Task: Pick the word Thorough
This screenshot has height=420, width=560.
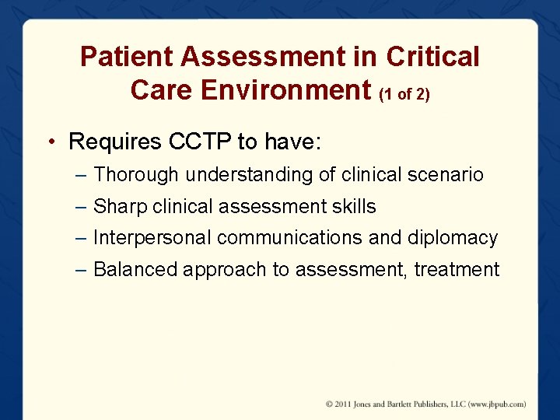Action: pos(136,175)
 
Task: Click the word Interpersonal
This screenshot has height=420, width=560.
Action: pos(152,237)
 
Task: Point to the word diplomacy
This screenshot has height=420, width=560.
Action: pos(453,237)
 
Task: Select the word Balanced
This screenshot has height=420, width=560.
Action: pos(135,270)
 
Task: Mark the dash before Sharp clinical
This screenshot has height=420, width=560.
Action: pos(83,206)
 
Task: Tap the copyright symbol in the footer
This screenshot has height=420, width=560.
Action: pos(330,404)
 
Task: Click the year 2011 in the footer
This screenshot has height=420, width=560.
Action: pos(344,404)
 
